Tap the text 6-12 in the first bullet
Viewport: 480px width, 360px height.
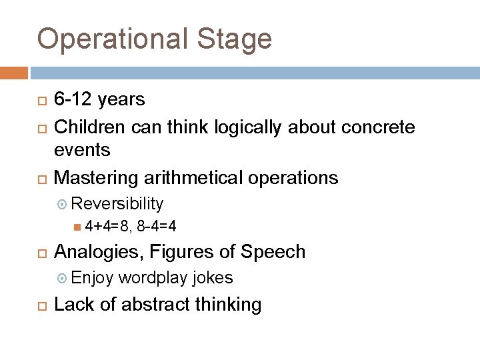[73, 100]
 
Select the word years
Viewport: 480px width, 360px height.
[121, 100]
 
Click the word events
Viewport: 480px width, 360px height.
[82, 150]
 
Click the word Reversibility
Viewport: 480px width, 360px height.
[117, 203]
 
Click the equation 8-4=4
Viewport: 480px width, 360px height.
[157, 227]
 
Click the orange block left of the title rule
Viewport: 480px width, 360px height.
[14, 73]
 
